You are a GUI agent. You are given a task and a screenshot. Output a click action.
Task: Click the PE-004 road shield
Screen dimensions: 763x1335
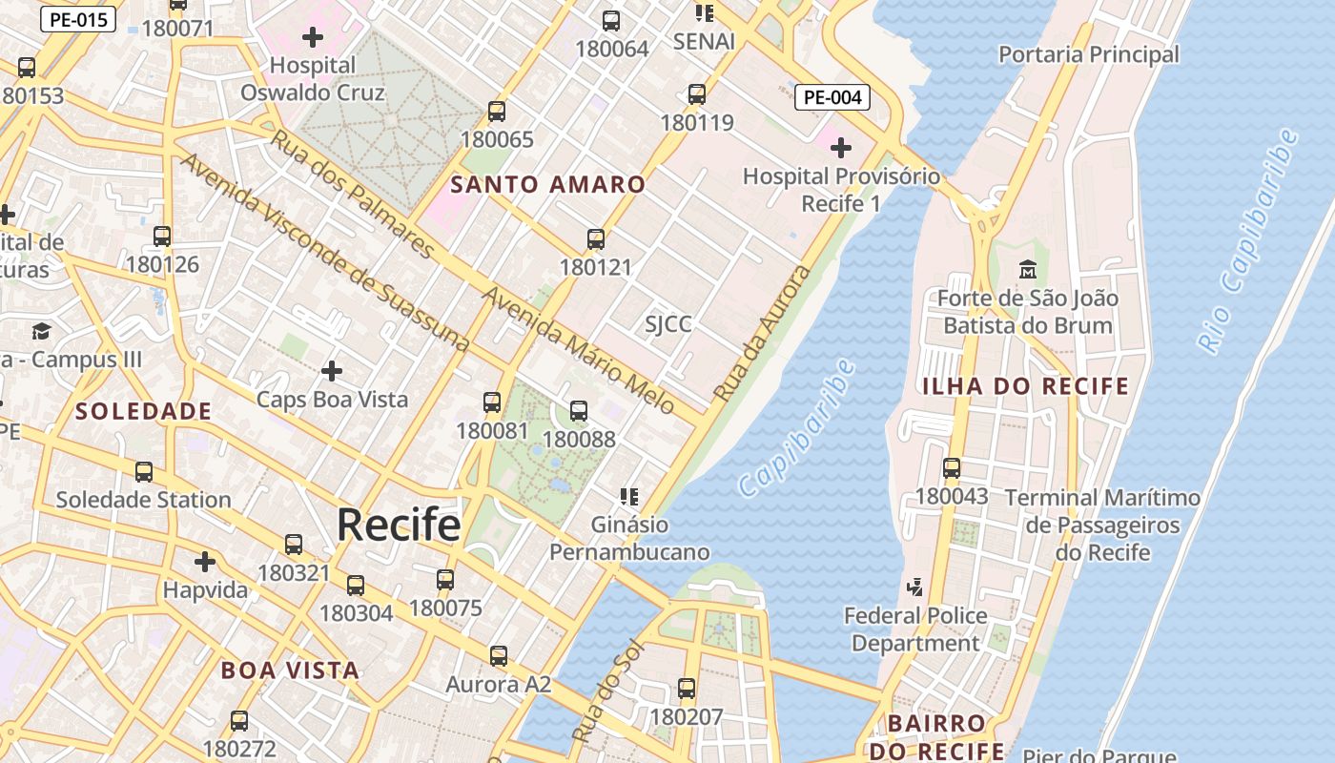coord(832,97)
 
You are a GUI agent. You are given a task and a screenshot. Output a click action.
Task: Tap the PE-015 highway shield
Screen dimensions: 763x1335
coord(77,19)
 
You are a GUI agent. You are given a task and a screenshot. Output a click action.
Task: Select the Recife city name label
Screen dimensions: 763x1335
coord(399,525)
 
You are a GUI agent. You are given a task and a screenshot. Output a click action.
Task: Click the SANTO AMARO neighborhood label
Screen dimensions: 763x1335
coord(547,184)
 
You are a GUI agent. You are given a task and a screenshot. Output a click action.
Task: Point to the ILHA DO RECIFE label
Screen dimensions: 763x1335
coord(1025,386)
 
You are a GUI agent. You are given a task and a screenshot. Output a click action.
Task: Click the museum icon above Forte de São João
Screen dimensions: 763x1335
coord(1027,270)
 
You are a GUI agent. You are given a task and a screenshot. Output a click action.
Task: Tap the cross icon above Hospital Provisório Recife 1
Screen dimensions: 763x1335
coord(840,148)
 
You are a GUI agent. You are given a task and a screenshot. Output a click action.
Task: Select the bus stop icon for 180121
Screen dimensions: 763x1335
coord(596,239)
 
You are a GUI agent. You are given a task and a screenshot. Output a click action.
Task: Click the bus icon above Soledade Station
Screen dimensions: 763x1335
coord(143,471)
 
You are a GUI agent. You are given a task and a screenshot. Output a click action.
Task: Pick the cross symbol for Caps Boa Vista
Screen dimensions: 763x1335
coord(332,370)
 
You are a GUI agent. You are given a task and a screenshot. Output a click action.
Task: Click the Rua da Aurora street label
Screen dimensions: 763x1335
coord(762,334)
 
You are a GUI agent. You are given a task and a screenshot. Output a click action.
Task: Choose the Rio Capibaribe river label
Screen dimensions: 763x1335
coord(1248,241)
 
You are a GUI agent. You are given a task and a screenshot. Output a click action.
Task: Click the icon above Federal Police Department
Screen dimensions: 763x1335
coord(915,588)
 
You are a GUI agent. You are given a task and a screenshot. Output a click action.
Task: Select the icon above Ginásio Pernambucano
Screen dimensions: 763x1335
coord(628,496)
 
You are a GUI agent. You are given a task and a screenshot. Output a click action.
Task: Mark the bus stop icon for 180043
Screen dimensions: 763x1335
coord(951,468)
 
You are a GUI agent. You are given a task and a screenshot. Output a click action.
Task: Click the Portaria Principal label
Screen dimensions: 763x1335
coord(1088,54)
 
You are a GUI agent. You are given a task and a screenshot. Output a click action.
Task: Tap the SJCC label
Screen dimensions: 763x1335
coord(668,324)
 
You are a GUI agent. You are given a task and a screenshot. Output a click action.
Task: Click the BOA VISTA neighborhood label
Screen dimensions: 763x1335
coord(290,670)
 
